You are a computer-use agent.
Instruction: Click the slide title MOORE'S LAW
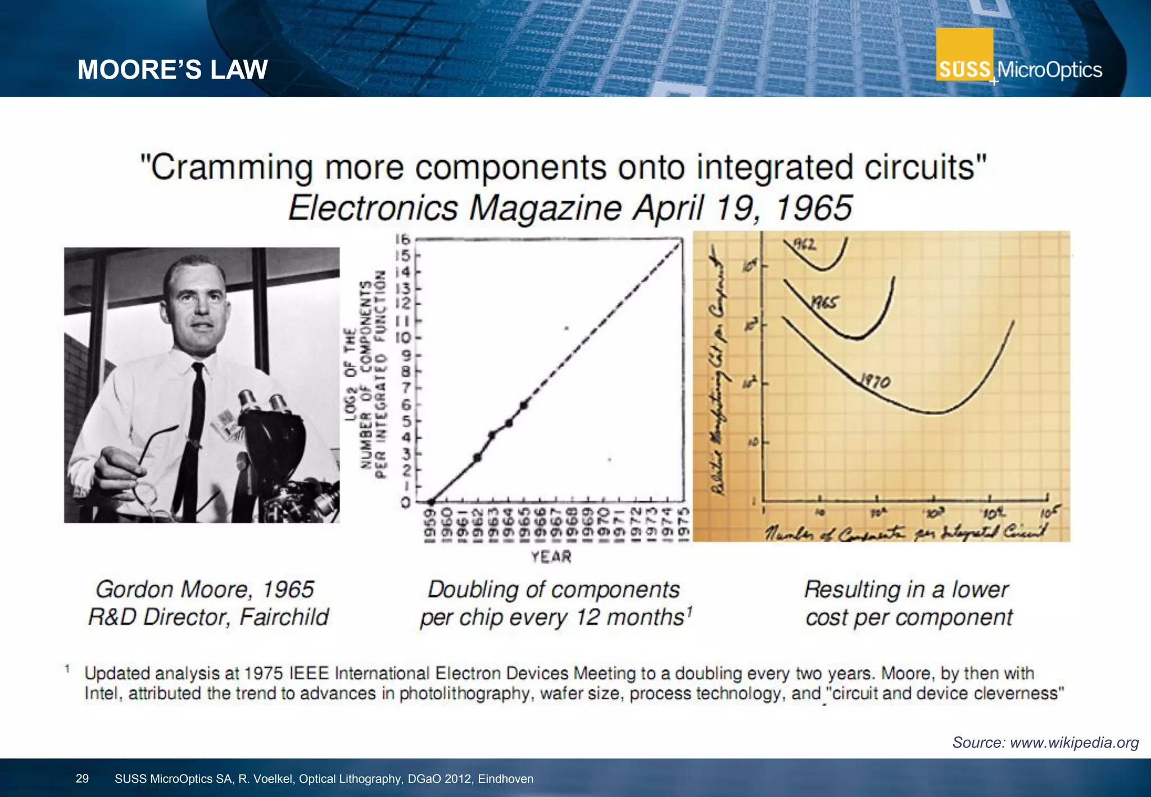tap(172, 70)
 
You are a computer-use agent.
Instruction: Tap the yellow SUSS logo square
tap(964, 55)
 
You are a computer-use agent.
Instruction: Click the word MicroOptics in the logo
tap(1049, 70)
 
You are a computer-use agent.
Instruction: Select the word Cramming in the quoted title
tap(232, 167)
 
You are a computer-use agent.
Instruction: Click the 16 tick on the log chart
tap(402, 239)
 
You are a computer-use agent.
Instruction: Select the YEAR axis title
tap(551, 556)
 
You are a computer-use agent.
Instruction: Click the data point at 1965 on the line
tap(524, 405)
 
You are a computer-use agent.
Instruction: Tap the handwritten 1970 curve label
tap(876, 382)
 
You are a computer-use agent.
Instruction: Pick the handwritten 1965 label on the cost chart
tap(824, 303)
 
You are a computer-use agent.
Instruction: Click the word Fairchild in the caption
tap(284, 617)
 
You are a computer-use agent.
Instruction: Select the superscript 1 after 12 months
tap(690, 611)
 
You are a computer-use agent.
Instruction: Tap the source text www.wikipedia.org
tap(1074, 742)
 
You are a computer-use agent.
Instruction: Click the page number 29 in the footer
tap(82, 778)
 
